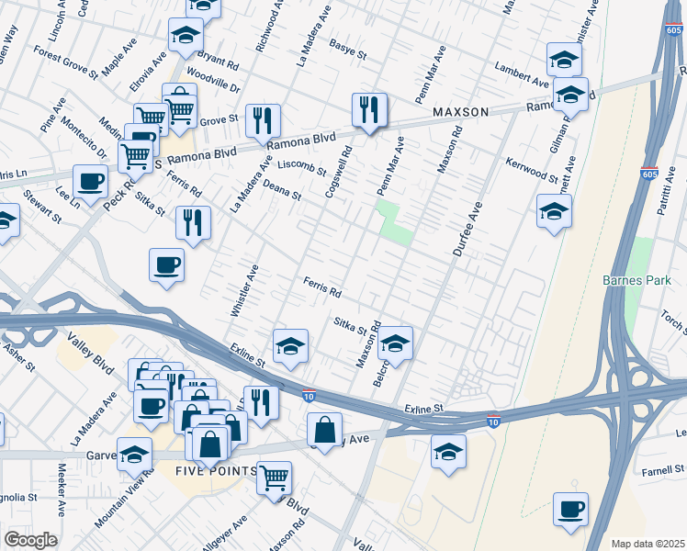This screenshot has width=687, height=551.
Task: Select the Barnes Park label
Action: click(632, 280)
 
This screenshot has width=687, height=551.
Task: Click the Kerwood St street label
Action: click(531, 170)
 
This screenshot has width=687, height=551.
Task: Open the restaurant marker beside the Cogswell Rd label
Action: click(369, 111)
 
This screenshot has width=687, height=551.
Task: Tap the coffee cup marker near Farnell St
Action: click(570, 509)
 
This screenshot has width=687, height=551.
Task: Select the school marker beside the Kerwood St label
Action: click(554, 212)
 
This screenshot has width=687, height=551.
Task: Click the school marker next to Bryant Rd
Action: click(186, 37)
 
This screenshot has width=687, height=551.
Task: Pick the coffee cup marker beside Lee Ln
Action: click(90, 182)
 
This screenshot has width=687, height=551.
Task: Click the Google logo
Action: click(30, 540)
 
